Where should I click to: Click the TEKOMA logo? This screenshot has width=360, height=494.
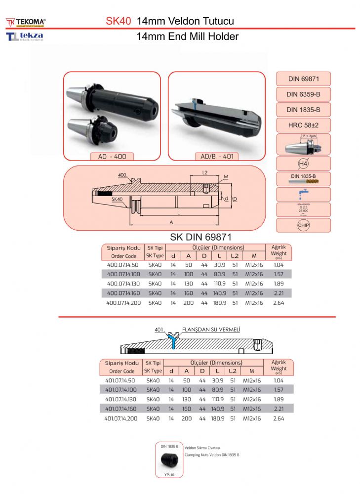[x=26, y=22]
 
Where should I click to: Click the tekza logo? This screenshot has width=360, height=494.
[x=25, y=37]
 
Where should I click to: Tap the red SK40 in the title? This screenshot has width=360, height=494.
[x=119, y=21]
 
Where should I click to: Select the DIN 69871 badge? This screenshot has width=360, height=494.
[x=303, y=79]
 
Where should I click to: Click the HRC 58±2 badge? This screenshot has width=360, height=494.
[x=303, y=125]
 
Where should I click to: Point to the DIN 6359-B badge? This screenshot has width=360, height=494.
[x=303, y=94]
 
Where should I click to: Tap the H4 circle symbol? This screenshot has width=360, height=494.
[x=303, y=164]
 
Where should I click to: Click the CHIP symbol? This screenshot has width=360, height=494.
[x=303, y=225]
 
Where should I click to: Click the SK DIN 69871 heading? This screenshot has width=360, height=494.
[x=201, y=237]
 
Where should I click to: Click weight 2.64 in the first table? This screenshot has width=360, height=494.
[x=279, y=302]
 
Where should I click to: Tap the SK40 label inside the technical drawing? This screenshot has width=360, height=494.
[x=117, y=199]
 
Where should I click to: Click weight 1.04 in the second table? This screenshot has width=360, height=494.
[x=279, y=380]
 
